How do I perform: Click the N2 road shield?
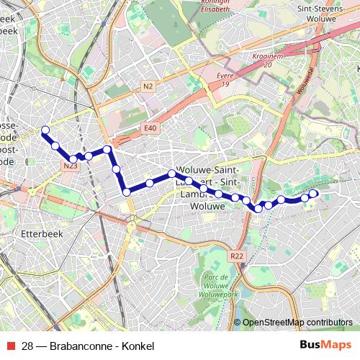pos(148,86)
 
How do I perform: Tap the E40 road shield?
pos(150,128)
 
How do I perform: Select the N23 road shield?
pos(70,166)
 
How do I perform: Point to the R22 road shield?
pos(238,256)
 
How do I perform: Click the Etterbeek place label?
pos(39,235)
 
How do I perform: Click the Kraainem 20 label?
pos(267,59)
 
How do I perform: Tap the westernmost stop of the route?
pos(45,130)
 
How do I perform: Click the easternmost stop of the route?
pos(314,194)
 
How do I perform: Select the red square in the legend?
pos(10,346)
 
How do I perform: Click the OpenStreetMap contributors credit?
pos(297,322)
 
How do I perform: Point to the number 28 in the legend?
pos(27,346)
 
